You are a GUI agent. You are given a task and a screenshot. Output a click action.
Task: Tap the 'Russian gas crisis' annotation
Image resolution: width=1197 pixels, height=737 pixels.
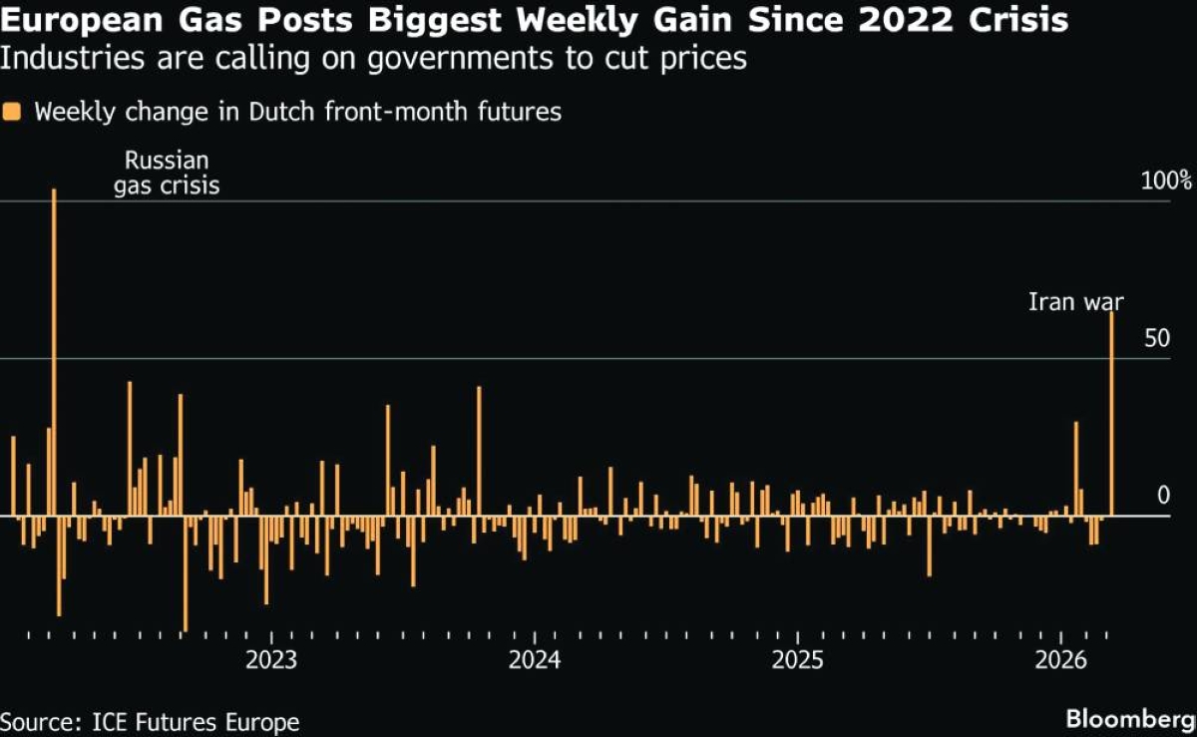(166, 173)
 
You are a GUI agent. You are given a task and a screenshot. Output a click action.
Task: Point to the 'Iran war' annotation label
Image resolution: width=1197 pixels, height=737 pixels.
(1075, 301)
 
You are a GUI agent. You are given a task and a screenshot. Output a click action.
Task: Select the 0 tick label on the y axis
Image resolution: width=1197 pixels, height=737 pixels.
(1161, 496)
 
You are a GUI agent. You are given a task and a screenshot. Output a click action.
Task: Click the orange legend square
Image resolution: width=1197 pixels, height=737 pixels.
(12, 112)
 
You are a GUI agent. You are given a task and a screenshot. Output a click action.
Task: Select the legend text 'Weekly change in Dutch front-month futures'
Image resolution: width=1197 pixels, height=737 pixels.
(298, 112)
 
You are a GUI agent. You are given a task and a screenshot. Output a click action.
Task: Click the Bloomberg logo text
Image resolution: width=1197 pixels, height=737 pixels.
(1129, 718)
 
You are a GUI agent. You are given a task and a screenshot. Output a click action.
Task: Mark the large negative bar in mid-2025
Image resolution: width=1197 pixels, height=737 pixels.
(929, 546)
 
